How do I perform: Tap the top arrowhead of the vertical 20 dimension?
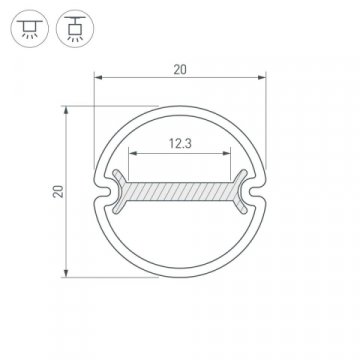[66, 108]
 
